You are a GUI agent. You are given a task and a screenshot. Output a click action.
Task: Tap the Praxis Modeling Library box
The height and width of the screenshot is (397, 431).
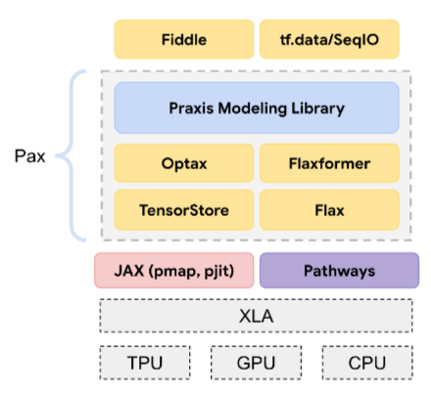(257, 108)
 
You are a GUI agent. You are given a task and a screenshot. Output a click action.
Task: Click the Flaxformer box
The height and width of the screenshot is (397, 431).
(329, 163)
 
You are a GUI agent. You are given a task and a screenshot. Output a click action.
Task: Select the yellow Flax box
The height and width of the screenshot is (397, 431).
(329, 208)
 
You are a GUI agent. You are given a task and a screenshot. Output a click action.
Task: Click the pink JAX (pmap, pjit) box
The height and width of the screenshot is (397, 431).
(172, 271)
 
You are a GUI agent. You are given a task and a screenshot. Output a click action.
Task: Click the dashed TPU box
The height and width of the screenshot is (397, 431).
(145, 364)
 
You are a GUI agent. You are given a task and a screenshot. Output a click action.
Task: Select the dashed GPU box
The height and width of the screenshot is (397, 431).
(256, 364)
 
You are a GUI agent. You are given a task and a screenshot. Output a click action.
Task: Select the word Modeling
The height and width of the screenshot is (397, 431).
(254, 108)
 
